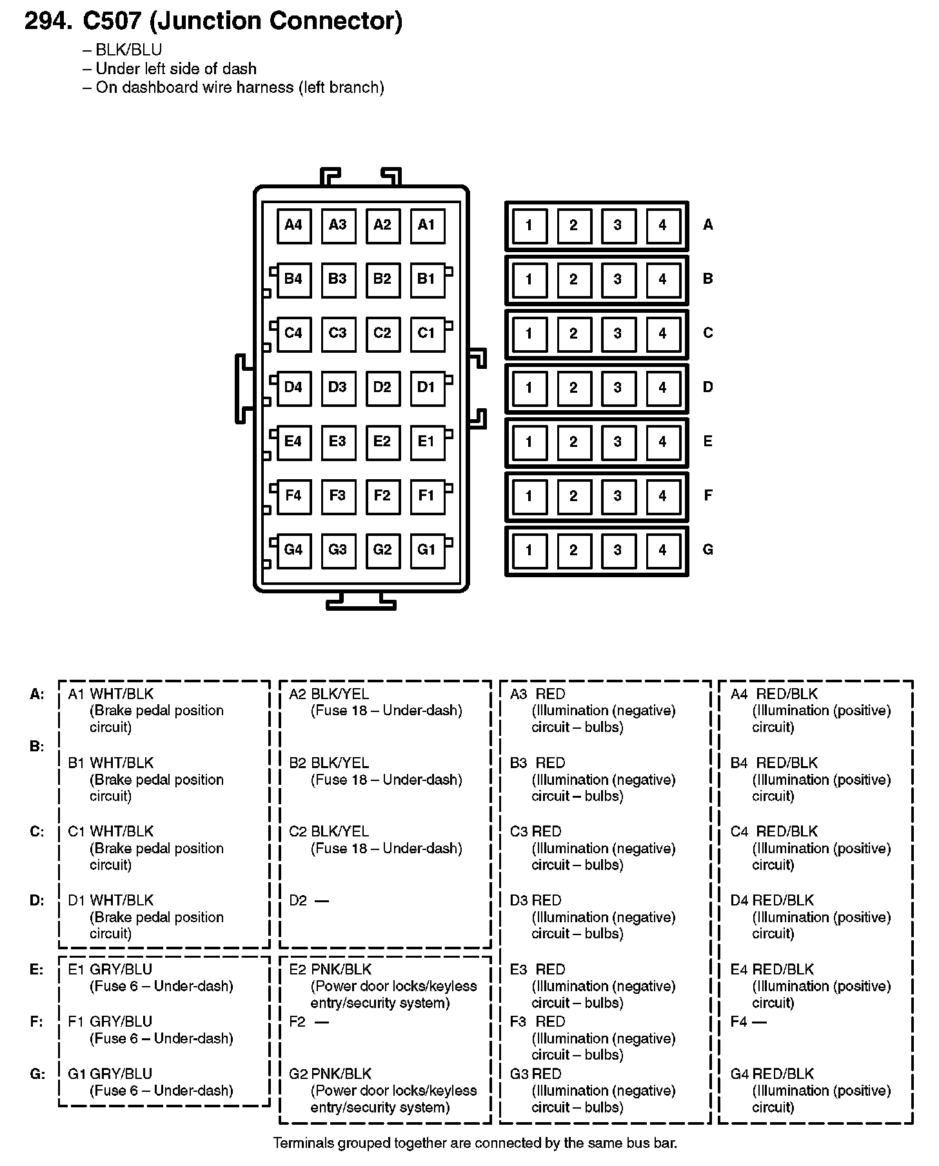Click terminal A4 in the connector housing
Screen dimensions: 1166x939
pos(293,225)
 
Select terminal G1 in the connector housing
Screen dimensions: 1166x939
pos(427,550)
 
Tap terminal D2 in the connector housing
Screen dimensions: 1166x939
pos(382,388)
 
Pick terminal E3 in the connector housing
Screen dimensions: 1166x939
pos(338,442)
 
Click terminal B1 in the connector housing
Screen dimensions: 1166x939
pos(427,279)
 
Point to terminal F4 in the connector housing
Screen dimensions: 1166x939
pos(293,496)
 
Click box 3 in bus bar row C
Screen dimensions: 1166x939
pos(618,333)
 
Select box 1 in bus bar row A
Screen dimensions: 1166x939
pos(529,225)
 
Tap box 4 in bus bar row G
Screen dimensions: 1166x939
pos(662,550)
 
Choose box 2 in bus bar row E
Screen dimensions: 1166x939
pos(573,442)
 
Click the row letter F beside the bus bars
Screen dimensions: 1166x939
pos(708,495)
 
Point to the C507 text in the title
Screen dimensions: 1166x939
pos(112,21)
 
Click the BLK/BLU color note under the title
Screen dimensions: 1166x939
pos(128,50)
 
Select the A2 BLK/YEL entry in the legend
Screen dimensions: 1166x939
pos(329,694)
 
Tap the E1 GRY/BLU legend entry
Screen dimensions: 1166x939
pos(110,969)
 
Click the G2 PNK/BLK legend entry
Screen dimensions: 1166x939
pos(330,1074)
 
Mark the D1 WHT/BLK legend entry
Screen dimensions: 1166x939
pos(111,900)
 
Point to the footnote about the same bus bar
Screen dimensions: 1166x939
pos(475,1143)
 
